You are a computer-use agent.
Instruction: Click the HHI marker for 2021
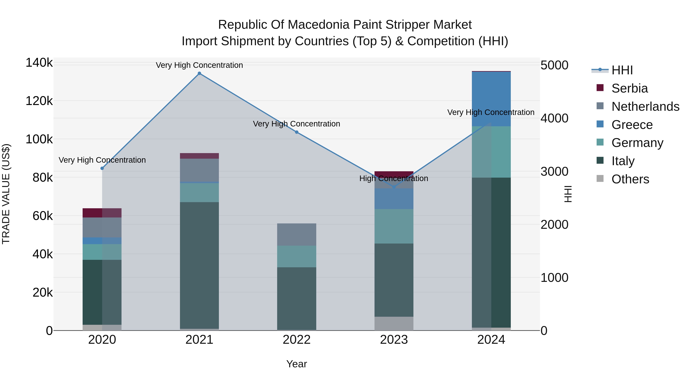[199, 73]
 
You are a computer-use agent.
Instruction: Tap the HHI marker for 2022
[297, 132]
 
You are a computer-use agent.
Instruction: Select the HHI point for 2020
[102, 168]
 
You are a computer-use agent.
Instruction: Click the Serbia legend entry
[629, 88]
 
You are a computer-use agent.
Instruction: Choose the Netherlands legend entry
[645, 106]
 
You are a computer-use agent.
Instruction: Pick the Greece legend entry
[632, 125]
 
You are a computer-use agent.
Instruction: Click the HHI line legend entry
[622, 70]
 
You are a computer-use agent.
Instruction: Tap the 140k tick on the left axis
[39, 63]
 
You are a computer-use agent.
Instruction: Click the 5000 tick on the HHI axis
[554, 65]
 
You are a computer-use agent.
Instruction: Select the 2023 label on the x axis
[394, 340]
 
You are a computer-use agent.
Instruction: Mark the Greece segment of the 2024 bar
[491, 99]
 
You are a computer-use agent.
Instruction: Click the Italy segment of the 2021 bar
[199, 265]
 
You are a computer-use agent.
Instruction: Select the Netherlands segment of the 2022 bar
[297, 234]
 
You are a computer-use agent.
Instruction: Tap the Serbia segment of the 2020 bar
[102, 213]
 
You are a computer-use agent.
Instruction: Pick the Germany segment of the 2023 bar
[394, 226]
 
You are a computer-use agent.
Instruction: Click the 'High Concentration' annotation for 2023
[394, 178]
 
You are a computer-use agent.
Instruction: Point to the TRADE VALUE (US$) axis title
[6, 194]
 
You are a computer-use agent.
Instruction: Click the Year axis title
[297, 364]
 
